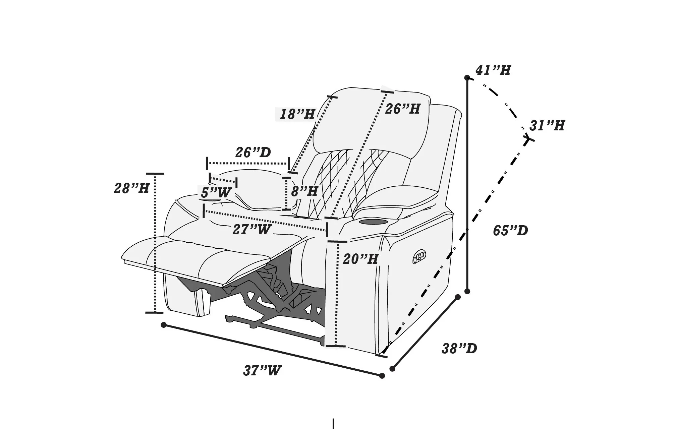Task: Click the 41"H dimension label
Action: (x=493, y=70)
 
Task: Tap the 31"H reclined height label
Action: (x=547, y=126)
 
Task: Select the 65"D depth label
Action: (x=510, y=231)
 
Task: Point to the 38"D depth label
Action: (x=459, y=349)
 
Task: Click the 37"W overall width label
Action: (x=262, y=371)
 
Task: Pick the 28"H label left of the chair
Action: (x=131, y=188)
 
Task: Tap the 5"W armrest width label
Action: (x=216, y=193)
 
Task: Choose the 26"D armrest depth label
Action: (x=253, y=152)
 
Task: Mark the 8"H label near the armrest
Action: (x=304, y=192)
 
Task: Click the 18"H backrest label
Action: (x=297, y=115)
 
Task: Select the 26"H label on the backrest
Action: (x=402, y=109)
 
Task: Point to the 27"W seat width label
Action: (x=251, y=230)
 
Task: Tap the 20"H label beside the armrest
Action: (x=360, y=259)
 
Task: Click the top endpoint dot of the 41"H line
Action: (x=467, y=78)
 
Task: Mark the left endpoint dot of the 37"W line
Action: (x=164, y=325)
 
